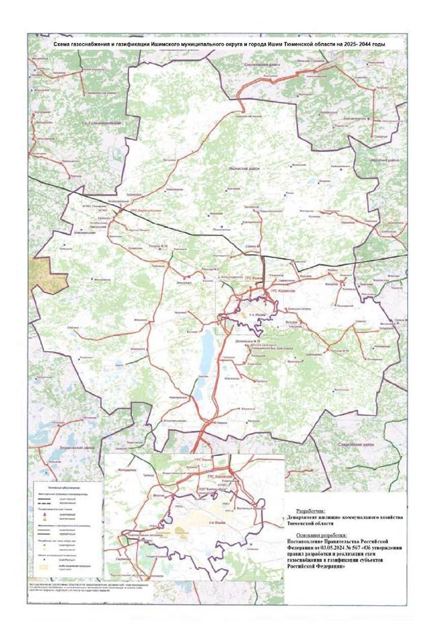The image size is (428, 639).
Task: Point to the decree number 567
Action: coord(364,547)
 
